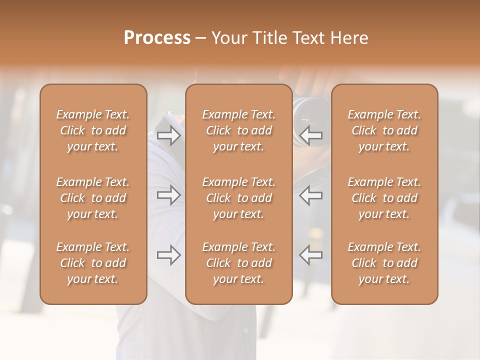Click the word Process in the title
pyautogui.click(x=157, y=38)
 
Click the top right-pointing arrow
pyautogui.click(x=169, y=135)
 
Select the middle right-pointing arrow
pyautogui.click(x=169, y=195)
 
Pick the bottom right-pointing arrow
pyautogui.click(x=169, y=255)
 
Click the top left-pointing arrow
pyautogui.click(x=311, y=135)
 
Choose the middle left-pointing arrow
pyautogui.click(x=311, y=195)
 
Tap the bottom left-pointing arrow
pyautogui.click(x=311, y=255)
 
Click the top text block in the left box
pyautogui.click(x=93, y=130)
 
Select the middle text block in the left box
pyautogui.click(x=93, y=198)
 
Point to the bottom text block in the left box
pyautogui.click(x=93, y=263)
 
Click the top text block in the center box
pyautogui.click(x=239, y=130)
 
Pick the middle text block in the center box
pyautogui.click(x=239, y=198)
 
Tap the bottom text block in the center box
pyautogui.click(x=239, y=263)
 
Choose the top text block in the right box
pyautogui.click(x=384, y=130)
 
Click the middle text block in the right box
pyautogui.click(x=384, y=198)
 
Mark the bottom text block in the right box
pyautogui.click(x=384, y=263)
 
